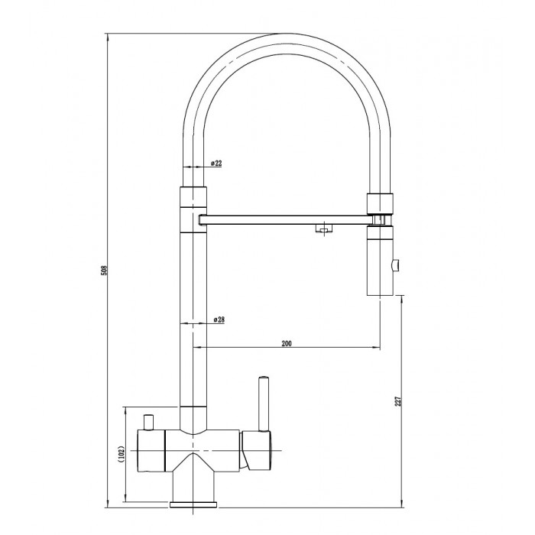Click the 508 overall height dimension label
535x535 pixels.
click(x=105, y=271)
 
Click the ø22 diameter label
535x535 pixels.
click(x=216, y=163)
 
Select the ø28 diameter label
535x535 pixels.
click(x=219, y=319)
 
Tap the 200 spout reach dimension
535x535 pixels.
click(x=287, y=343)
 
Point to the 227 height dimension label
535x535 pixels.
click(x=398, y=401)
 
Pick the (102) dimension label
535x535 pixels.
click(x=123, y=454)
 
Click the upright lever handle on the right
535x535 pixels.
click(x=264, y=404)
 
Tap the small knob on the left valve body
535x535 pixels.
click(x=149, y=423)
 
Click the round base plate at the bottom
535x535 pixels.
click(x=193, y=504)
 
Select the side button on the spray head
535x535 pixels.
click(x=396, y=265)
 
